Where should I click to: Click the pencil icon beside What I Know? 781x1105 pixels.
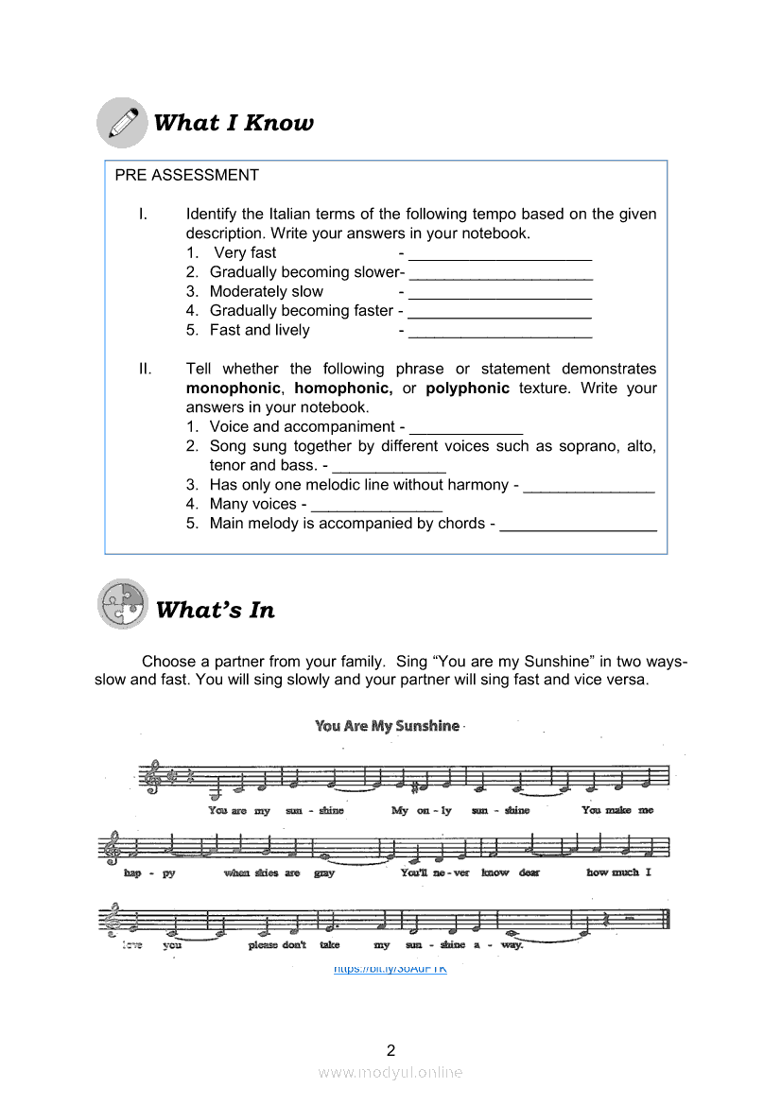tap(122, 123)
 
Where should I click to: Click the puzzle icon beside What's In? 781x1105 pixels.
tap(123, 605)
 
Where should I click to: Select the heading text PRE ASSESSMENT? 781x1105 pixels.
tap(186, 175)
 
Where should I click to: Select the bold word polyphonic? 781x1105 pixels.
tap(467, 388)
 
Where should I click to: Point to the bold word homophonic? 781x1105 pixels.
tap(343, 388)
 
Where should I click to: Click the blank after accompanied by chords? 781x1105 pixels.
tap(578, 524)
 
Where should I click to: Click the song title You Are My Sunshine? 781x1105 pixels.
tap(388, 726)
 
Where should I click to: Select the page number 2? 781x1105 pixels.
tap(390, 1049)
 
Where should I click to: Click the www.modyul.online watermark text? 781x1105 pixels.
tap(390, 1072)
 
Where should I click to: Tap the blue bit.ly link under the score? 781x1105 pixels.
tap(390, 969)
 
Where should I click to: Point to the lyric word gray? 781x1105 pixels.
tap(324, 872)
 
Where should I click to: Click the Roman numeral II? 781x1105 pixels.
tap(145, 370)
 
